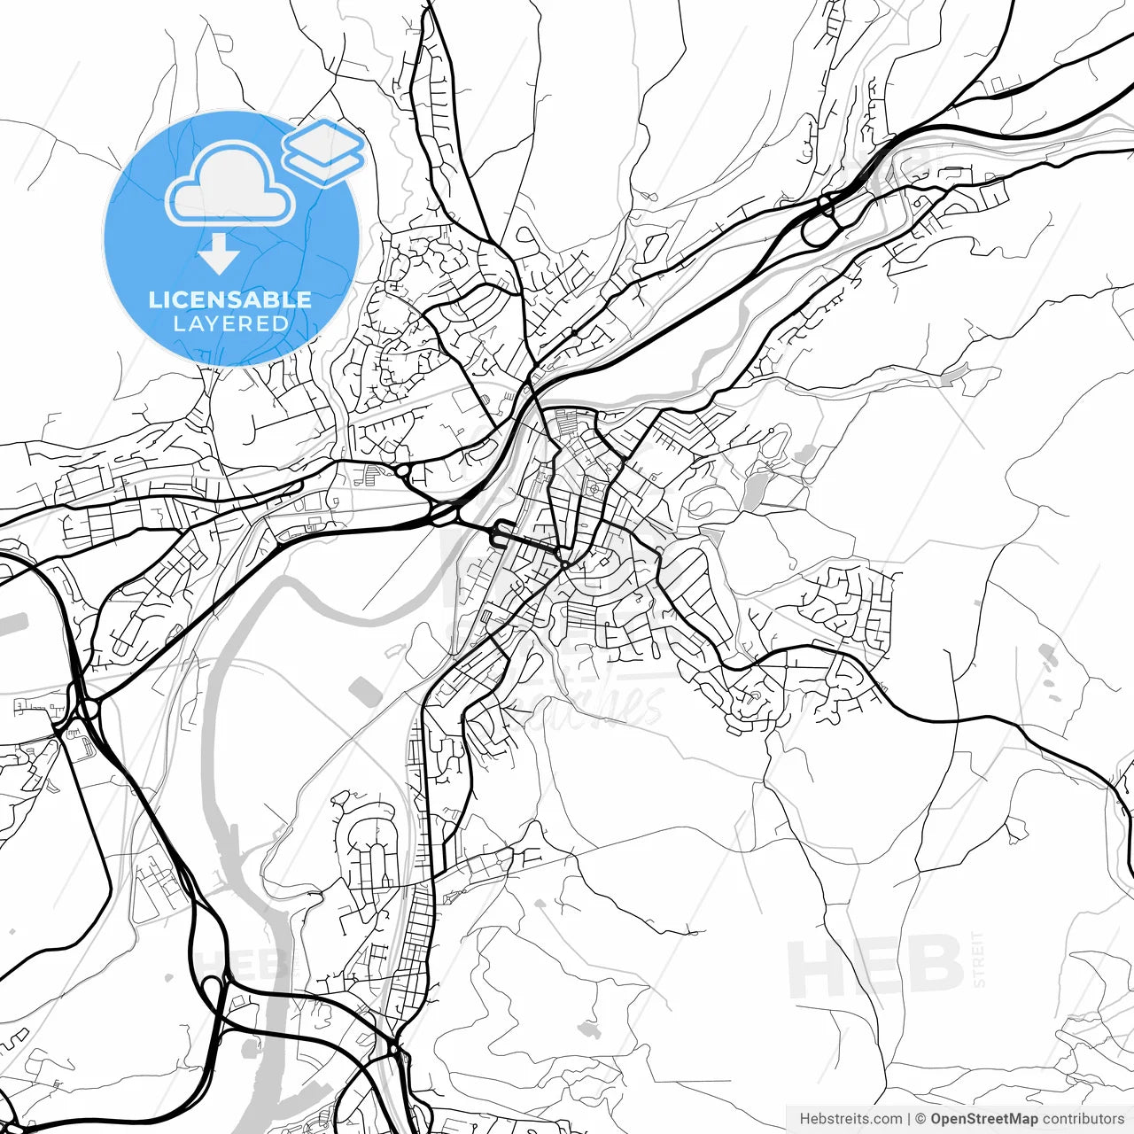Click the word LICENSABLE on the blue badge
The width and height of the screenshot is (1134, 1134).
[230, 299]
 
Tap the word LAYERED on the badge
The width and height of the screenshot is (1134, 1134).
[230, 324]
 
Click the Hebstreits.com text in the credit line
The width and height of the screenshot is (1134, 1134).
[850, 1119]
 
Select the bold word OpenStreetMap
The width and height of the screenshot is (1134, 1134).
[983, 1119]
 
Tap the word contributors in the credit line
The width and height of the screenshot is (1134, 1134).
[1083, 1119]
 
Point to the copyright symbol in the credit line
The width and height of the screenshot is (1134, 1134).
[920, 1119]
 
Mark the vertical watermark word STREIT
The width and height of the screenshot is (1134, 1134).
[978, 959]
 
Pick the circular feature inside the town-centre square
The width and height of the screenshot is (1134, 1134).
[593, 486]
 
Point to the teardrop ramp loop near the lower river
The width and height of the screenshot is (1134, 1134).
[213, 990]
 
